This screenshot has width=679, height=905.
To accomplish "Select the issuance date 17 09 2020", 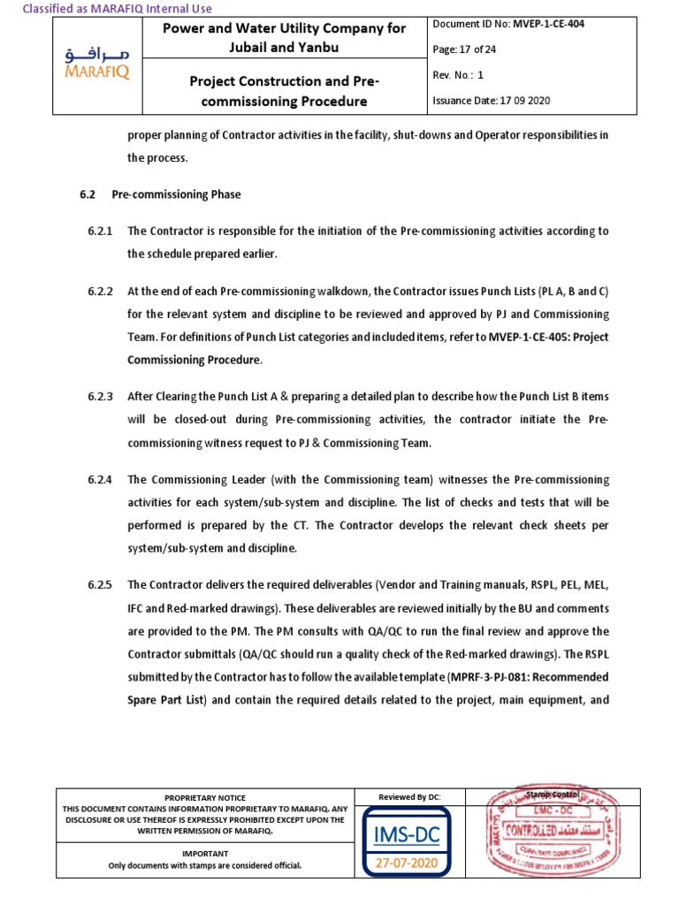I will (x=520, y=101).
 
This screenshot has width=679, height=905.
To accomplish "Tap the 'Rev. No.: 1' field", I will (x=458, y=75).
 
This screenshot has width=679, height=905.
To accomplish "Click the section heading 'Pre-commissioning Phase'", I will (x=176, y=194).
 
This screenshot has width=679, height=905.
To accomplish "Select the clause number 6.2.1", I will (x=101, y=232).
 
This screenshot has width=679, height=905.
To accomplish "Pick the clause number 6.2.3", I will (x=101, y=397).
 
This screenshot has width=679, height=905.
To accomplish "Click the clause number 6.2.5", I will (x=101, y=585).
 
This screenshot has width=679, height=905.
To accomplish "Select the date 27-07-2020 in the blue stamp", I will (x=409, y=863).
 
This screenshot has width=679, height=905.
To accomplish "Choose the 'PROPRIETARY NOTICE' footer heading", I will (x=205, y=797).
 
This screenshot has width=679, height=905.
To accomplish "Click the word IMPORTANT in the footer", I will (x=205, y=854).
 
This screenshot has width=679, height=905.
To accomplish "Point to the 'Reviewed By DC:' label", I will (x=409, y=797).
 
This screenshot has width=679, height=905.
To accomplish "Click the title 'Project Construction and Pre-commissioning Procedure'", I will (x=285, y=91).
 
